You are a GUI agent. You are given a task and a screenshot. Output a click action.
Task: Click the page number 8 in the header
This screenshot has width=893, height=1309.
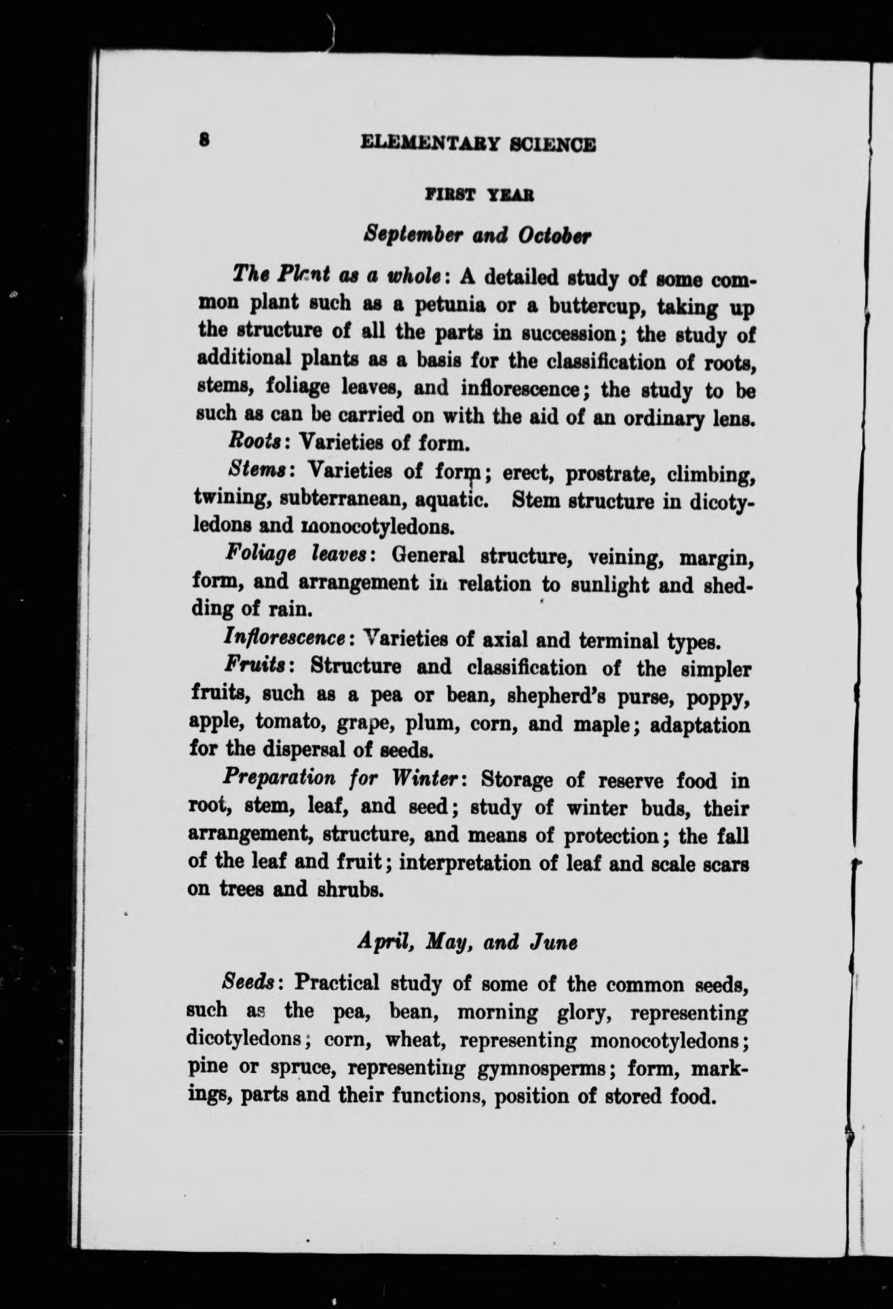(x=203, y=140)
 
